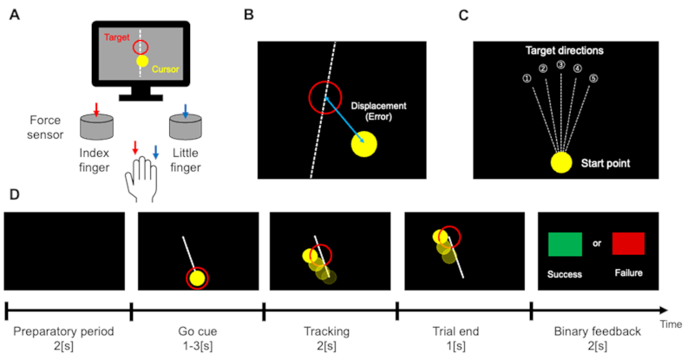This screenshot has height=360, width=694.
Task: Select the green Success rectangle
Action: click(x=566, y=245)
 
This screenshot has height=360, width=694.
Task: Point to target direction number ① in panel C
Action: click(x=526, y=76)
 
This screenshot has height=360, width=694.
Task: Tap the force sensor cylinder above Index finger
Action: click(x=98, y=127)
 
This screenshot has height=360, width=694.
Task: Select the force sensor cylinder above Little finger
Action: click(x=190, y=127)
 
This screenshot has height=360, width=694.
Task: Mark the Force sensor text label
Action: click(x=32, y=128)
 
